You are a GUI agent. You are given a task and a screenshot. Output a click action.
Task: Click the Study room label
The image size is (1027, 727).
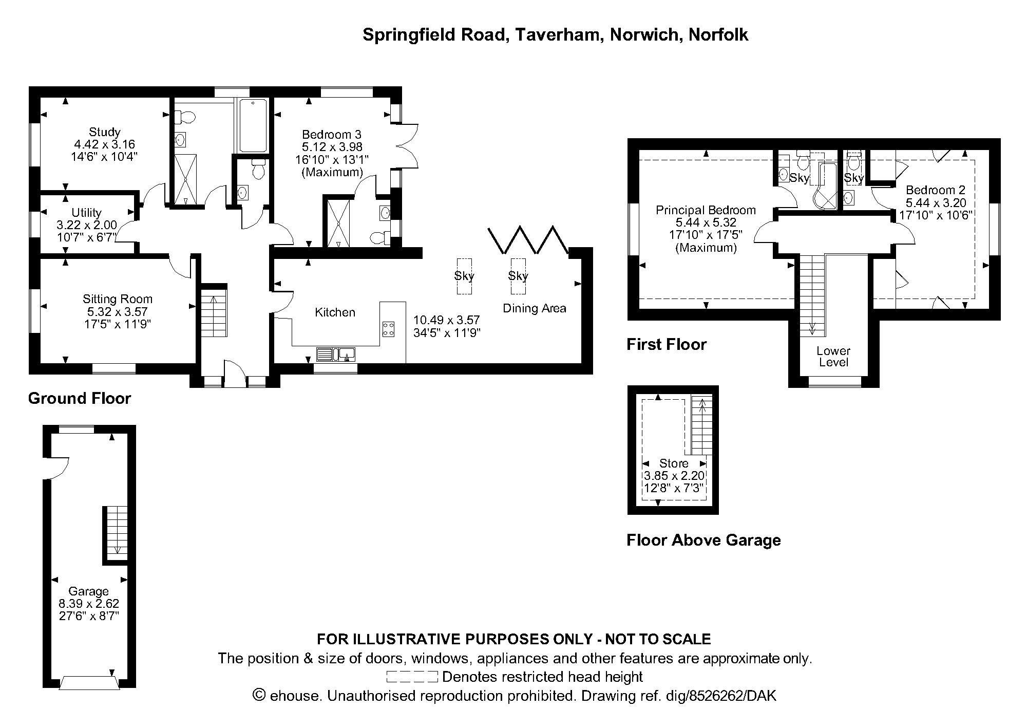(104, 132)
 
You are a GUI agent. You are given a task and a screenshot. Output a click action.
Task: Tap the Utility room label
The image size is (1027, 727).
(86, 213)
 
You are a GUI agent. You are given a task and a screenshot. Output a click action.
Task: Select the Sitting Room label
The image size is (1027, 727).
(118, 299)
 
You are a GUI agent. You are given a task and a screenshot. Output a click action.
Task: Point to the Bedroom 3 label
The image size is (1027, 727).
(331, 135)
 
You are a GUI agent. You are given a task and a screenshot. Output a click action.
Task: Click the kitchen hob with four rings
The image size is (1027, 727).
(388, 329)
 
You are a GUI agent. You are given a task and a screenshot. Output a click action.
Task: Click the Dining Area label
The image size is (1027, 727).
(534, 308)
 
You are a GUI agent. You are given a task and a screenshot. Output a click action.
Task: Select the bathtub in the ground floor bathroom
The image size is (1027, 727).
(253, 125)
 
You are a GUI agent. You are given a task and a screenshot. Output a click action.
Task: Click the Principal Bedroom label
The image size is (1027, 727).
(706, 210)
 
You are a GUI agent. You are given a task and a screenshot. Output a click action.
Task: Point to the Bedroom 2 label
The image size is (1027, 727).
(935, 190)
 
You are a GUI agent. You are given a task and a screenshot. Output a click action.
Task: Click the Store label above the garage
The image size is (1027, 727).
(674, 463)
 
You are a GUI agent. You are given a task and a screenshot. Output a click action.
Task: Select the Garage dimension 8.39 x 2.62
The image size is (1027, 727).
(89, 604)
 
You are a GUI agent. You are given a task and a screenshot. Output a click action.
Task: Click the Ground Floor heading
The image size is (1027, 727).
(80, 399)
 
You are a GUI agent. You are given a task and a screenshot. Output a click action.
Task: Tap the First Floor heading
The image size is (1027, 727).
(667, 344)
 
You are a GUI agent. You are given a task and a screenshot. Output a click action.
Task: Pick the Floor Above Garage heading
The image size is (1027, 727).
(703, 540)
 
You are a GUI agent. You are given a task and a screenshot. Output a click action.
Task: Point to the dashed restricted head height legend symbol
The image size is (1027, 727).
(412, 677)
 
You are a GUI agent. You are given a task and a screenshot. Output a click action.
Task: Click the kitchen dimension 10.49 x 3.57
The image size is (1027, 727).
(446, 321)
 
